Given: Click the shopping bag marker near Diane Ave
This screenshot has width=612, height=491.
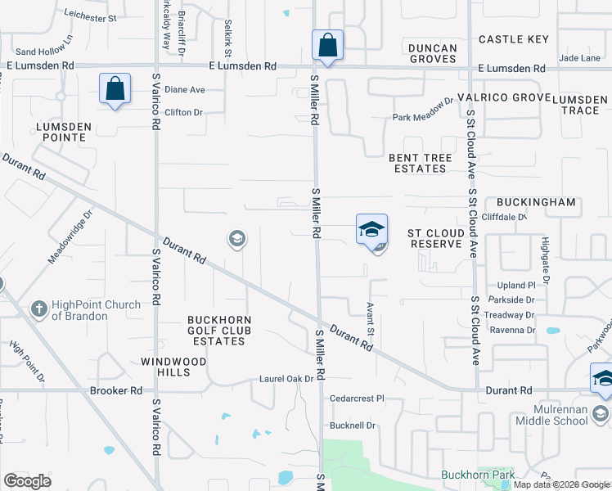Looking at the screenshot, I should (x=115, y=89).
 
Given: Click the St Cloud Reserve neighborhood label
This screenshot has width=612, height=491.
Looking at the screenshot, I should (x=436, y=238).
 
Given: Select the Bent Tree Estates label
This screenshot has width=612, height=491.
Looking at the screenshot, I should (x=418, y=163).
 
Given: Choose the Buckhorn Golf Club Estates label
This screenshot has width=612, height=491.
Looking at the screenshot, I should (x=218, y=330).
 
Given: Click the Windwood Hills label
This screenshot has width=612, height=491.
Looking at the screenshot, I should (x=177, y=367).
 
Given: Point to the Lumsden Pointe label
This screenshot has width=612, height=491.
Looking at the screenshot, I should (x=61, y=131).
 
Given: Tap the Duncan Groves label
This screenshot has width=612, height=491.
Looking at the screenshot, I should (x=433, y=53).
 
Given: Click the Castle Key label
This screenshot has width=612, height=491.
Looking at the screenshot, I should (x=514, y=39).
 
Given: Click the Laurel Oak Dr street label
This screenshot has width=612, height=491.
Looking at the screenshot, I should (x=286, y=379).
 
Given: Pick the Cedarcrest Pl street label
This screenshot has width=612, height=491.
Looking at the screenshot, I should (x=357, y=399).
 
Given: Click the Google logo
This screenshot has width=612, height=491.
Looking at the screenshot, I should (x=28, y=480).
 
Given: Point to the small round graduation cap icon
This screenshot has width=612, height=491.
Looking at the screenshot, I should (x=237, y=239).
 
